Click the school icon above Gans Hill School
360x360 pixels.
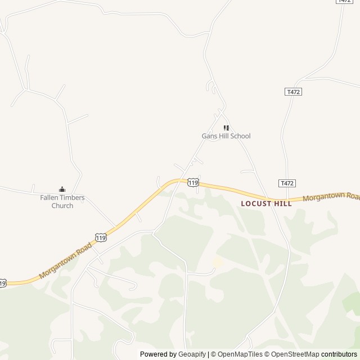[226, 128]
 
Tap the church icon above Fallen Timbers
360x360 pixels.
[62, 189]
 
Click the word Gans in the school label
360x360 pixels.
[209, 136]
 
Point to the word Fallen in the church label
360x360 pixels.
[49, 197]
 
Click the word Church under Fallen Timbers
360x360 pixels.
[62, 206]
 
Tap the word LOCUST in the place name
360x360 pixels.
[256, 204]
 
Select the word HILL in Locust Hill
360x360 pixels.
[283, 204]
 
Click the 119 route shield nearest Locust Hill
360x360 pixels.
[193, 183]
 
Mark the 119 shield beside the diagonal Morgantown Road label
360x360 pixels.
[101, 237]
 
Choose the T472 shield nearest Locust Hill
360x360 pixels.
[287, 183]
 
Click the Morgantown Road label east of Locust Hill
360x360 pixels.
[331, 197]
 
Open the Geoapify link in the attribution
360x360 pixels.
[192, 354]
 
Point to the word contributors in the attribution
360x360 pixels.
[339, 354]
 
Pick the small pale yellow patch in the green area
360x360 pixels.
[217, 262]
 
